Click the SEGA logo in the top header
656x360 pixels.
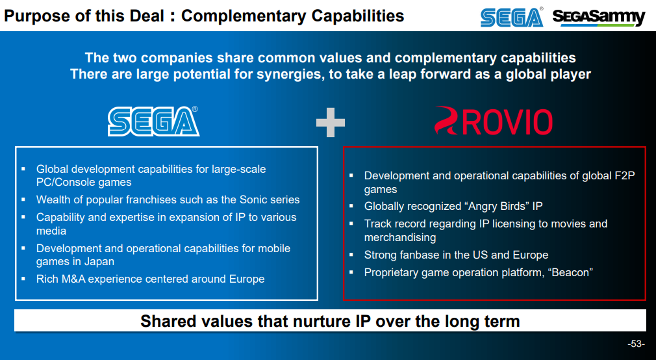512,17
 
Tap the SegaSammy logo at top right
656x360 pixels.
599,17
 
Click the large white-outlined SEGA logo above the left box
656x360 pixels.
153,121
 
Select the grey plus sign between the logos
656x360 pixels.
331,122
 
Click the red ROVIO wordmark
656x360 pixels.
507,122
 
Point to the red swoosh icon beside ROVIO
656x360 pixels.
448,120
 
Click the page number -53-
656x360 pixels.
636,344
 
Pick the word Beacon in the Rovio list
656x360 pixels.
571,272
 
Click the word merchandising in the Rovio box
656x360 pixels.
400,237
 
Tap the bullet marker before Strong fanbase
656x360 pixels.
351,254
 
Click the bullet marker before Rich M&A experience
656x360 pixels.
23,278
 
